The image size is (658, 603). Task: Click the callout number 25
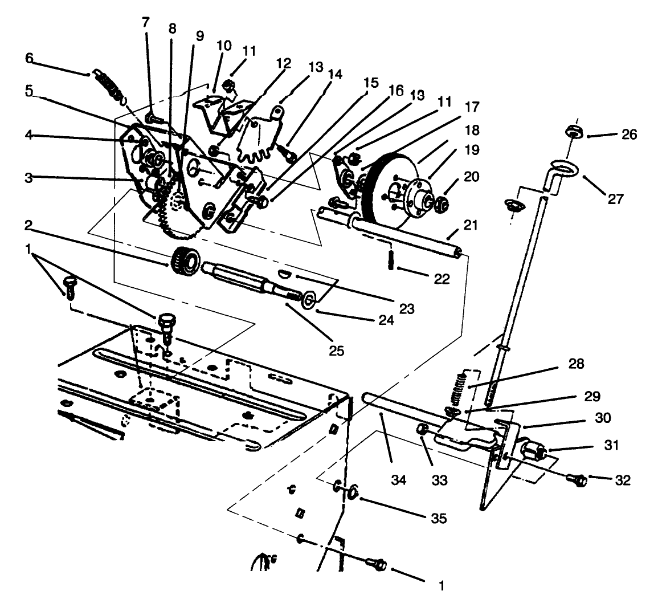click(336, 350)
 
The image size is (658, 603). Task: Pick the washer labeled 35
click(353, 491)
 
